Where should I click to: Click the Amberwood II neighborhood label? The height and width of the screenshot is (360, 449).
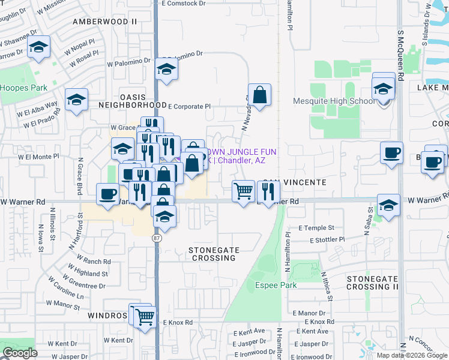tap(104, 22)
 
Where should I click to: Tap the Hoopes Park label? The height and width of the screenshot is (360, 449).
tap(23, 88)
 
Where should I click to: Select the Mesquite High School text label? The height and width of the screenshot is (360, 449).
tap(334, 101)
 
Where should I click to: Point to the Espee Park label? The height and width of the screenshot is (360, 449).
tap(276, 285)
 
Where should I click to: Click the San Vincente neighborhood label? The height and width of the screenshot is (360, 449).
tap(295, 182)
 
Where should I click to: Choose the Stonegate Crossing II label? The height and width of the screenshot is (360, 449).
tap(372, 283)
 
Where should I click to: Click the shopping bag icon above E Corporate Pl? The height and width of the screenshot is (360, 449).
tap(259, 95)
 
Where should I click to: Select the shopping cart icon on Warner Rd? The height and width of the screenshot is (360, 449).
tap(243, 191)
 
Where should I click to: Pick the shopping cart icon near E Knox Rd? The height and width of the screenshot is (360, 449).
tap(145, 316)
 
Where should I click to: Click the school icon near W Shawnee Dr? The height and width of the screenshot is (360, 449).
tap(39, 48)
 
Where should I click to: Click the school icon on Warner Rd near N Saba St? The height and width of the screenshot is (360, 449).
tap(388, 205)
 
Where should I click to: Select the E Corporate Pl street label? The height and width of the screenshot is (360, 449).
tap(190, 106)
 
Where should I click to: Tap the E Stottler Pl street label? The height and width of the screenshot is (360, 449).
tap(320, 239)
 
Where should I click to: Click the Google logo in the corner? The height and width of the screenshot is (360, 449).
tap(20, 353)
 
